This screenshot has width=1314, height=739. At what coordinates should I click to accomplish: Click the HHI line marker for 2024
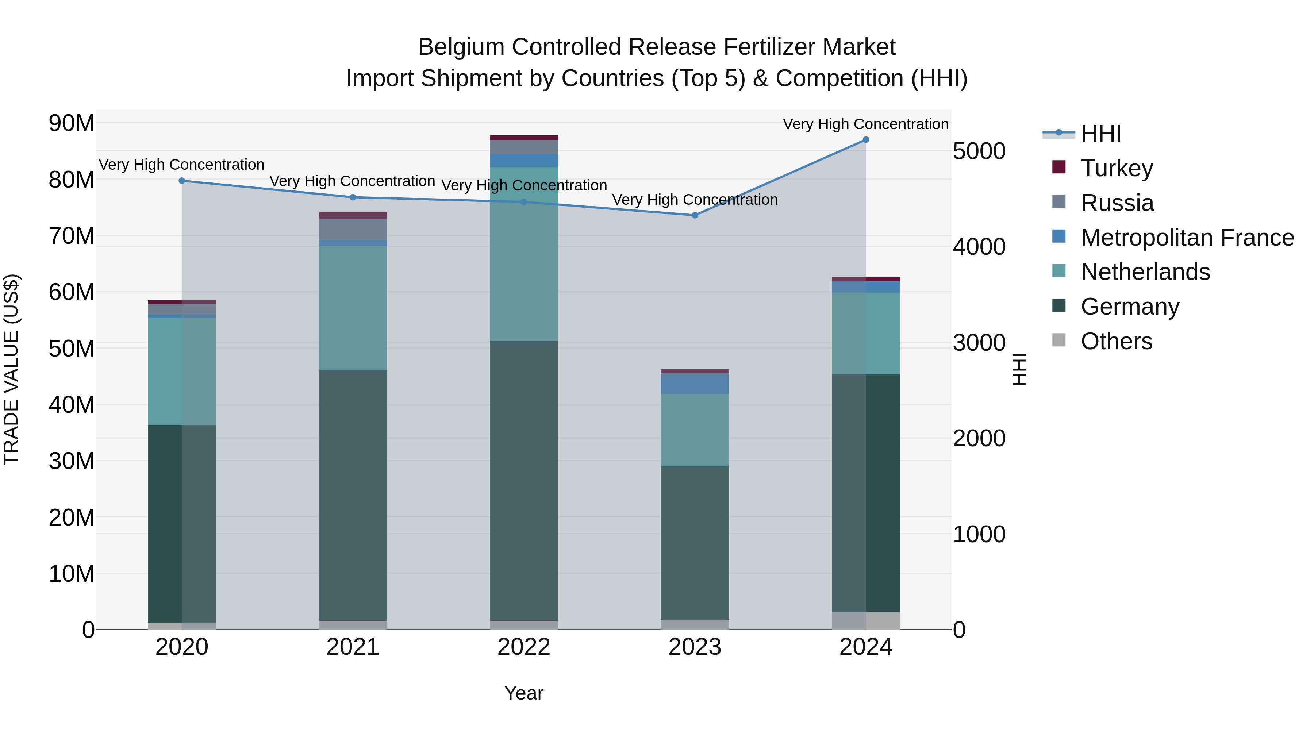866,140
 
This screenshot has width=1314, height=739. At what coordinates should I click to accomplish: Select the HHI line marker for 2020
182,181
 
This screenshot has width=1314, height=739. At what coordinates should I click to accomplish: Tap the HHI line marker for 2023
695,215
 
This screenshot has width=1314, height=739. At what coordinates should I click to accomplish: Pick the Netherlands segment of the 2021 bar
353,308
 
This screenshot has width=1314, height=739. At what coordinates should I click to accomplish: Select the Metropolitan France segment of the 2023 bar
695,384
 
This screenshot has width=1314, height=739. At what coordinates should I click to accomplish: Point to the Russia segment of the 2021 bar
353,229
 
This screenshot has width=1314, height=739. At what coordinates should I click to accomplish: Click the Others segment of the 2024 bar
866,621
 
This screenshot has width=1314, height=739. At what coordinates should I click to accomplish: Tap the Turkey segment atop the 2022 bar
524,138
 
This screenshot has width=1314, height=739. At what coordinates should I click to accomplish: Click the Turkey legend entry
1117,168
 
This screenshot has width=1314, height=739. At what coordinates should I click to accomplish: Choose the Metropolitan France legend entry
1187,238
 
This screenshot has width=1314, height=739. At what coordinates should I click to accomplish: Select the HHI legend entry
1101,134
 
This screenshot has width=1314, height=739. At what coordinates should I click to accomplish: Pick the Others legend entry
1116,341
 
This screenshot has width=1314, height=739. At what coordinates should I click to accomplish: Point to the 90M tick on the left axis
72,123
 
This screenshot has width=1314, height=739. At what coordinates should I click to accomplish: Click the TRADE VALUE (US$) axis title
11,369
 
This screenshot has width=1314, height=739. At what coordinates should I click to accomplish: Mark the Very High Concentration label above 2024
866,124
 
